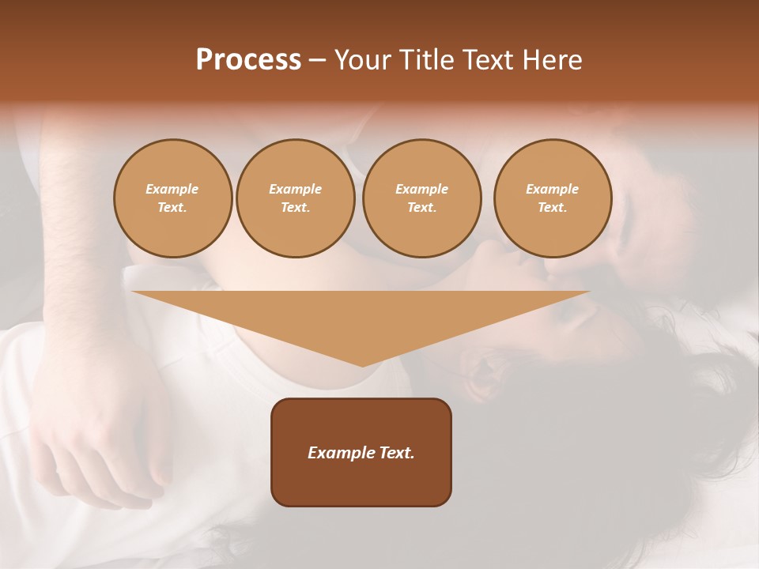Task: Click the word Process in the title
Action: pyautogui.click(x=248, y=60)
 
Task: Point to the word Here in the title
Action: pyautogui.click(x=553, y=60)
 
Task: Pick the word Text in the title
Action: pyautogui.click(x=490, y=60)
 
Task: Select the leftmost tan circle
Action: pyautogui.click(x=173, y=198)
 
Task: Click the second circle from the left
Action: pyautogui.click(x=296, y=198)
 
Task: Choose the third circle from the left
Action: pyautogui.click(x=422, y=198)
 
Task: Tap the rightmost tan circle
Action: pyautogui.click(x=553, y=198)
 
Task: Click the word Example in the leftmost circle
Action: pyautogui.click(x=172, y=189)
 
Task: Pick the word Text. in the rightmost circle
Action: pyautogui.click(x=553, y=207)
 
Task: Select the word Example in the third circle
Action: pyautogui.click(x=422, y=189)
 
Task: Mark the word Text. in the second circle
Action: pyautogui.click(x=296, y=207)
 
